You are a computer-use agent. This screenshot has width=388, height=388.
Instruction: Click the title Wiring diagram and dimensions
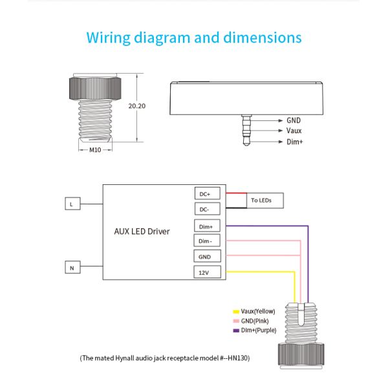tap(194, 37)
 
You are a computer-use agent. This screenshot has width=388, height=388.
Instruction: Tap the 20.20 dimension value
tap(136, 105)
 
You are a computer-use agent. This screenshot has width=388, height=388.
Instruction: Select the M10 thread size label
tap(94, 150)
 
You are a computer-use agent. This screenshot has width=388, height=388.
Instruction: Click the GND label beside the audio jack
tap(294, 120)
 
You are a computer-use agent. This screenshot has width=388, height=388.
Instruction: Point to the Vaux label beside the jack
tap(294, 131)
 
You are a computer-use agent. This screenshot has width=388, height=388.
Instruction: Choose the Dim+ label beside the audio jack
tap(294, 142)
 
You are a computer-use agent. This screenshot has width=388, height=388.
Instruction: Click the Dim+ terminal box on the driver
tap(207, 226)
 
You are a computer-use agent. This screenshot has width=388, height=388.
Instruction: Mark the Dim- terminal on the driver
tap(207, 241)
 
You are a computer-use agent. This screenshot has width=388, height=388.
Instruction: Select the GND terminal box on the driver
tap(207, 257)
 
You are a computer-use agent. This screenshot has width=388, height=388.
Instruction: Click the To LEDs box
tap(262, 201)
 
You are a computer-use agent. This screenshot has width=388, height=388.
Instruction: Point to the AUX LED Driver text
tap(142, 231)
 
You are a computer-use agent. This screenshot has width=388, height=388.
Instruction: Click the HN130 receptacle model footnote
tap(164, 358)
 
